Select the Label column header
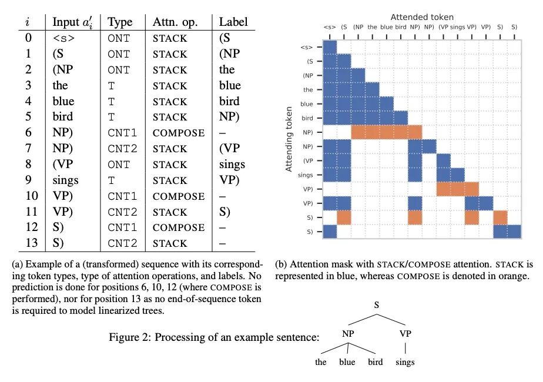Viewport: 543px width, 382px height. [x=233, y=22]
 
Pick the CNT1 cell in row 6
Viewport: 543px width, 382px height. [x=122, y=133]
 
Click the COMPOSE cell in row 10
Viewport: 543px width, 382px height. [x=179, y=196]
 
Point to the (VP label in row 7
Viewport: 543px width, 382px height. [x=229, y=149]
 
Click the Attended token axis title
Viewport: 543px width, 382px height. [x=421, y=17]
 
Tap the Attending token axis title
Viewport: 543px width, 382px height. [x=289, y=139]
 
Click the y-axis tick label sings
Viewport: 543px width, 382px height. [x=306, y=174]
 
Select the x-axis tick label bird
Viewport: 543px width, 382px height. [x=401, y=27]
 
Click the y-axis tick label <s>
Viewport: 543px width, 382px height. [x=307, y=47]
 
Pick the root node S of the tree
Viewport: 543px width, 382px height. [x=376, y=306]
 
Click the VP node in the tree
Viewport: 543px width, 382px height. [x=405, y=334]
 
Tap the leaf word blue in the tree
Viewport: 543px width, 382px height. [x=347, y=362]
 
